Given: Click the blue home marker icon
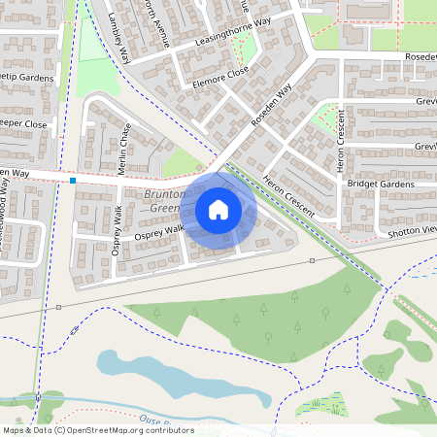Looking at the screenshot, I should (218, 210).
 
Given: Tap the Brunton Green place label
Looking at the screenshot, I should (161, 201).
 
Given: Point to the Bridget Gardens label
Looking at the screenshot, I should (374, 184).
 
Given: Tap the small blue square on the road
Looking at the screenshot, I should (73, 180).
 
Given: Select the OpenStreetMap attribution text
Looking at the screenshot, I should (98, 429).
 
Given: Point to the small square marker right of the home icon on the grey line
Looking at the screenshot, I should (312, 261).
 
